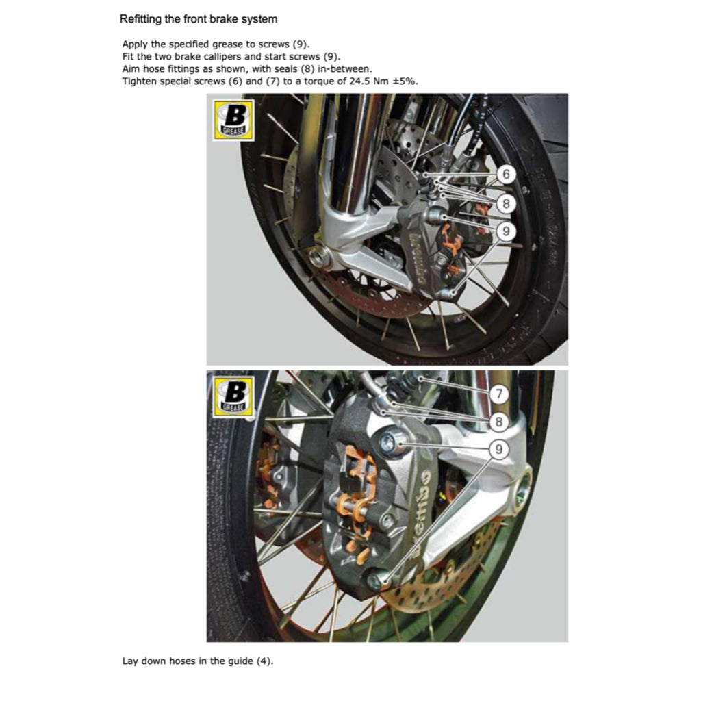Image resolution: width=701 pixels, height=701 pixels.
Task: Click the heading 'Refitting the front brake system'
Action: (x=198, y=19)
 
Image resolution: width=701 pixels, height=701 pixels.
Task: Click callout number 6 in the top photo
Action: (x=505, y=175)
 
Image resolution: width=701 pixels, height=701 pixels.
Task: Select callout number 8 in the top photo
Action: (x=505, y=203)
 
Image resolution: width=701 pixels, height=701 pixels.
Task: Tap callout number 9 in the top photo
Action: (x=505, y=232)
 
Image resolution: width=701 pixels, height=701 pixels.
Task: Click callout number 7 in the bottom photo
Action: (x=499, y=394)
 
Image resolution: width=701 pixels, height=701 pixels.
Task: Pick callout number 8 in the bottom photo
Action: (x=499, y=422)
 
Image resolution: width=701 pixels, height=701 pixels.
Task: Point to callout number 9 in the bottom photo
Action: (x=499, y=450)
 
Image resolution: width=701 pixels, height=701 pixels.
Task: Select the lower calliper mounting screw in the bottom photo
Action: (x=376, y=581)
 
